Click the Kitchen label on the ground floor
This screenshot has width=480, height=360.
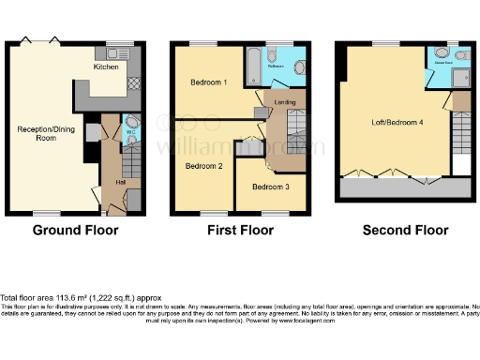(x=104, y=67)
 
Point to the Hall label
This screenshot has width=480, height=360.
(x=121, y=182)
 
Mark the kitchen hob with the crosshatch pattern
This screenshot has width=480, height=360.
(x=132, y=82)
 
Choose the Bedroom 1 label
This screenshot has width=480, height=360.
(x=210, y=83)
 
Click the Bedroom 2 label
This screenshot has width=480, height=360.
(x=203, y=167)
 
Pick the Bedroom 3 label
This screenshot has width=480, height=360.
(x=270, y=187)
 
